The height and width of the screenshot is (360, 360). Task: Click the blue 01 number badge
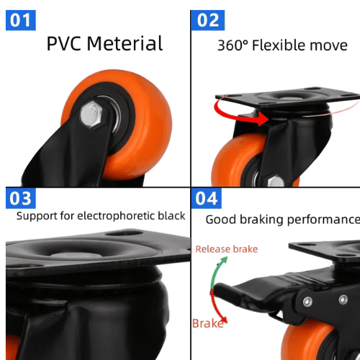(21, 20)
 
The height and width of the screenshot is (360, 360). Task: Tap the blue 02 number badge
(208, 20)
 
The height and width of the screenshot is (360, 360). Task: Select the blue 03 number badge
(21, 198)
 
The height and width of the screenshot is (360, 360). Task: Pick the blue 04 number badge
(207, 198)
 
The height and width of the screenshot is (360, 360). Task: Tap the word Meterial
(125, 43)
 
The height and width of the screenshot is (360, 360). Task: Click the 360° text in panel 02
(233, 45)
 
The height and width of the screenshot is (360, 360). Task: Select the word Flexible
(279, 45)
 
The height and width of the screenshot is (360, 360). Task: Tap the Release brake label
(227, 249)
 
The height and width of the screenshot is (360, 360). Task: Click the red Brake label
(208, 323)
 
